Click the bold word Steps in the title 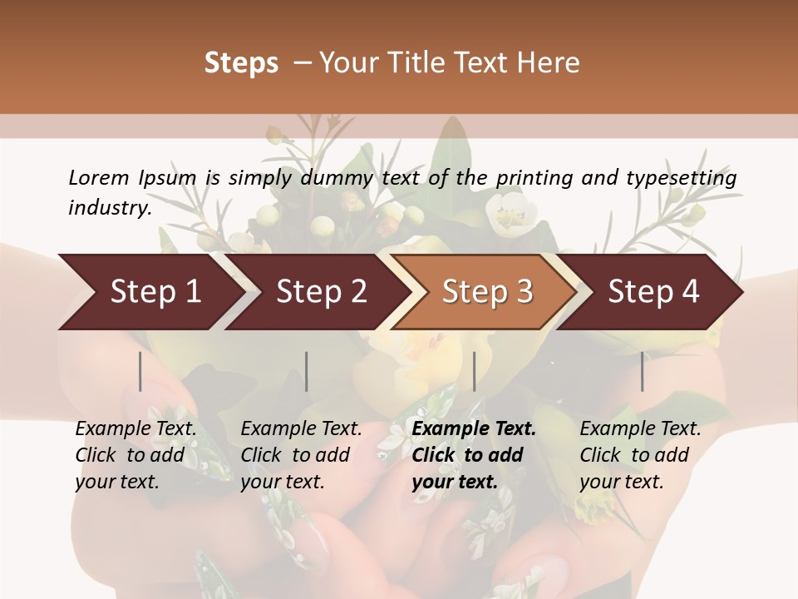(241, 63)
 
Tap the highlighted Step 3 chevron (487, 292)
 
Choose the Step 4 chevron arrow (653, 292)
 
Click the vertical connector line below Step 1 (140, 371)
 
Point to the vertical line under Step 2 (307, 371)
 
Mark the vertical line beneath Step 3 (475, 371)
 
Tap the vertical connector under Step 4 (642, 371)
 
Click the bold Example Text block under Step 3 (474, 455)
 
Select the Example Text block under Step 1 (135, 455)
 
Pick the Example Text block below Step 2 (301, 455)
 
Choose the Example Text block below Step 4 (640, 455)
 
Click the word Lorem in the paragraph (99, 177)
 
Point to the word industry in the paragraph (110, 208)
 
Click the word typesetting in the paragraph (688, 177)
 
